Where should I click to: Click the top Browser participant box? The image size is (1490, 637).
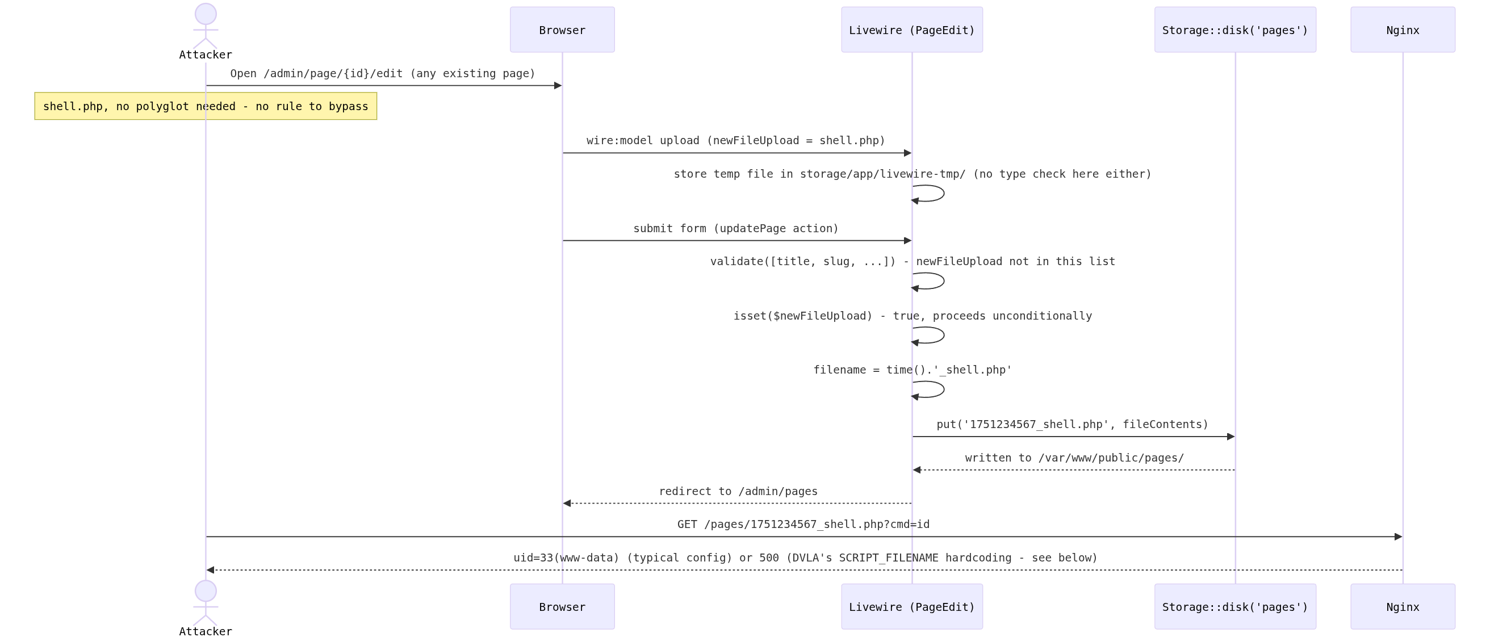pos(562,30)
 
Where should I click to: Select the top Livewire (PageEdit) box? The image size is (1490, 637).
pos(911,30)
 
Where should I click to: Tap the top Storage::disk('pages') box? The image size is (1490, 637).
pos(1235,30)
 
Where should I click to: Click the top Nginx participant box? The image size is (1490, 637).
pos(1403,30)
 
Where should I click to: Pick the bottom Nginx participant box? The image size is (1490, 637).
pos(1403,606)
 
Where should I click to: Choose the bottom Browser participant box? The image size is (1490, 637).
pos(562,606)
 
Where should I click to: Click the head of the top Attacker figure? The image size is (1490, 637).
pos(206,14)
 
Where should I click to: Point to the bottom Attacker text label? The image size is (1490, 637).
pos(206,631)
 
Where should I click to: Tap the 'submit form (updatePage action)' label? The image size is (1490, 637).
pos(736,229)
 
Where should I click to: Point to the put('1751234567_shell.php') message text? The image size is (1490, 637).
pos(1073,424)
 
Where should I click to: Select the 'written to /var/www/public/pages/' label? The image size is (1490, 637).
pos(1074,458)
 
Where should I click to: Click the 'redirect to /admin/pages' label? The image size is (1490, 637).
pos(738,491)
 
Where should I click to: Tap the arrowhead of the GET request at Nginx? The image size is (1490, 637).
pos(1399,537)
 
